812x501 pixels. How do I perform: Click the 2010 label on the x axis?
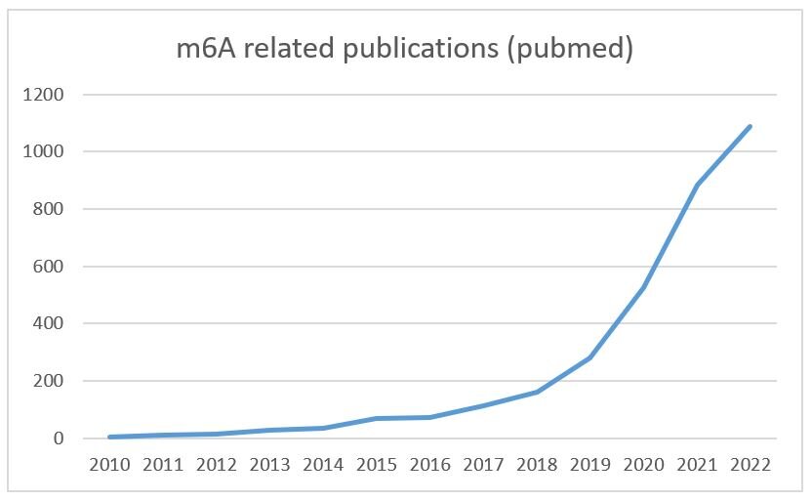click(x=109, y=465)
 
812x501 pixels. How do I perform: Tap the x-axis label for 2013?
click(x=269, y=465)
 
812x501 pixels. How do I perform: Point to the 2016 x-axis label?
click(x=429, y=465)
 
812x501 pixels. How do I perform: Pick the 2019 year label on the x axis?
click(x=589, y=465)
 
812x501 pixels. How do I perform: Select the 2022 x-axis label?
click(x=750, y=465)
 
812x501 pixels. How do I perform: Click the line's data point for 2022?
click(x=750, y=127)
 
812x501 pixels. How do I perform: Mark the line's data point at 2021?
click(x=697, y=186)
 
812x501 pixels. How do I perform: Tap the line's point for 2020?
click(x=643, y=288)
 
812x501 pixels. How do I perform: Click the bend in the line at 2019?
click(x=589, y=358)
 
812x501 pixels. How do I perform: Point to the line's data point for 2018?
click(x=537, y=393)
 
